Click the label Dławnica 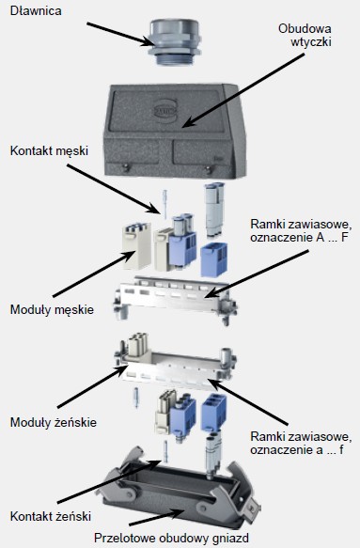pos(36,11)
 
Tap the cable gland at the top pos(174,42)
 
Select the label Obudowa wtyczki pos(305,35)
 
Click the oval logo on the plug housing pos(164,109)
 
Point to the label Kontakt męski pos(49,151)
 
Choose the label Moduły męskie pos(52,309)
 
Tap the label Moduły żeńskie pos(54,422)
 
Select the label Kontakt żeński pos(51,516)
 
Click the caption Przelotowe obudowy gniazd pos(172,538)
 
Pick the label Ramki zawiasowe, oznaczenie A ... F pos(300,230)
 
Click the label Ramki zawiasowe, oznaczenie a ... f pos(301,443)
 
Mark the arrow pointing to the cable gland pos(120,34)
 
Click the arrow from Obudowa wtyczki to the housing pos(243,90)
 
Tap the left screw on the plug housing pos(126,167)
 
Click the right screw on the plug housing pos(209,170)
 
